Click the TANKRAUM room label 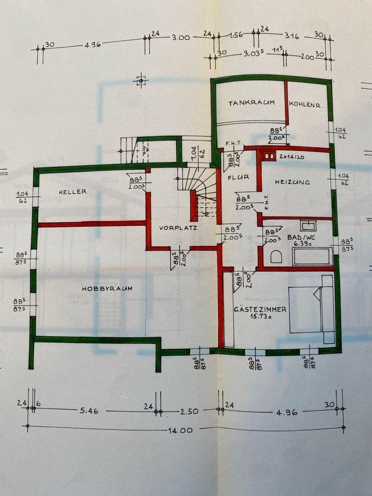[251, 103]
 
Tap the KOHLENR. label [306, 104]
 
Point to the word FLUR [238, 177]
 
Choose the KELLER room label [72, 192]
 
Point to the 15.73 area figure [258, 317]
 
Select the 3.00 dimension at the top [181, 37]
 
